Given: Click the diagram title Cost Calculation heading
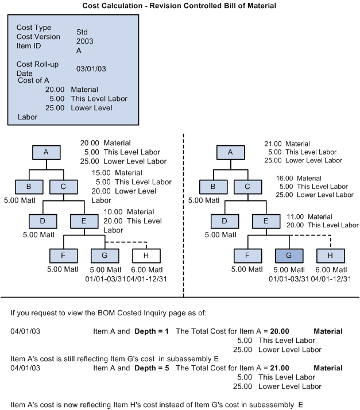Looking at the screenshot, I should point(180,5).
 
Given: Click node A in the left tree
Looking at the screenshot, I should point(47,152).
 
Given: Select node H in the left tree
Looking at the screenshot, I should point(146,256).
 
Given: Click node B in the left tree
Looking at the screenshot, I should point(29,187).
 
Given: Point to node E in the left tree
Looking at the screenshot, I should point(84,221).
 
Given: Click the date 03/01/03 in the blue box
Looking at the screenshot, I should point(91,69).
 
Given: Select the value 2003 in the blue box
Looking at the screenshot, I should point(84,41).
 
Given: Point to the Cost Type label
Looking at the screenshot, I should point(34,28).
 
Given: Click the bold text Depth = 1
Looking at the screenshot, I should point(152,331).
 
